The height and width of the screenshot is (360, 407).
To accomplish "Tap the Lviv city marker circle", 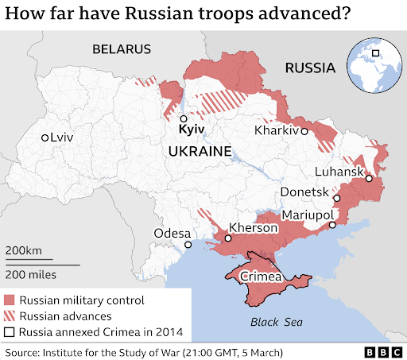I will point(46,137).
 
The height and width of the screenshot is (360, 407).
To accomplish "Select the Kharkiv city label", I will point(277,130).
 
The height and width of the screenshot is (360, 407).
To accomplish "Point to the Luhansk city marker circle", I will point(369,180).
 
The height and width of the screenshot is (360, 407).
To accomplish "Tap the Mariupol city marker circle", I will point(332,225).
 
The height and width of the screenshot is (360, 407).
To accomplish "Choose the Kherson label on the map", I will point(253,228).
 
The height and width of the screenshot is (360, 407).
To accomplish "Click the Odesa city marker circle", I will point(188,245).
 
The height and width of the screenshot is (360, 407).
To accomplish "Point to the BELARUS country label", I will point(121,49).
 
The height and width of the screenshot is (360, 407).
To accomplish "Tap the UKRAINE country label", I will point(199,151).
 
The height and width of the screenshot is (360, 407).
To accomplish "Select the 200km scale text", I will point(24,251).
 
